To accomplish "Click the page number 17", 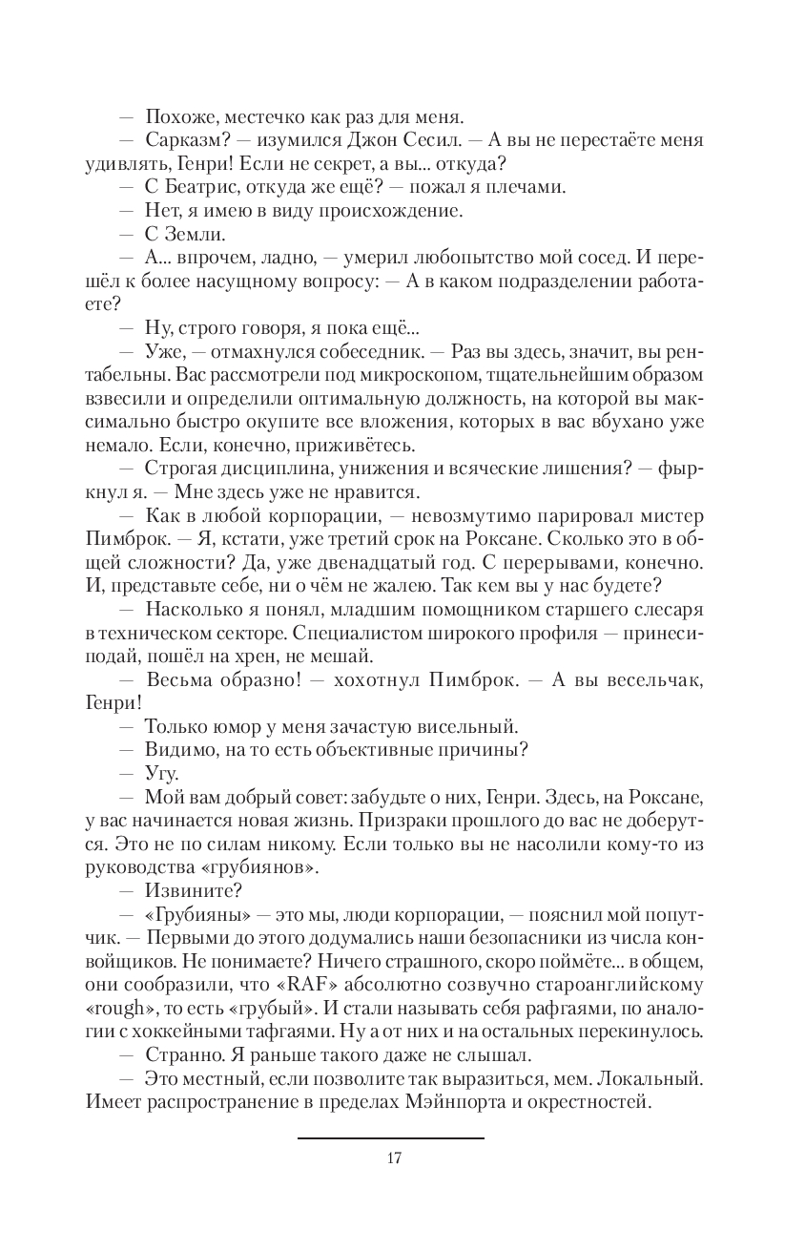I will (x=393, y=1158).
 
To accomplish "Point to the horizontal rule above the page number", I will (x=391, y=1137).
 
